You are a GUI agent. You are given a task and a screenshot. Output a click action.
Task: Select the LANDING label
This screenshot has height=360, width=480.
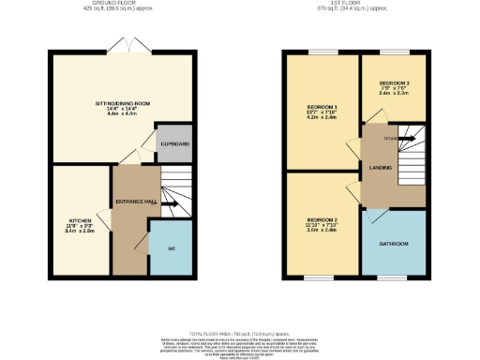click(381, 169)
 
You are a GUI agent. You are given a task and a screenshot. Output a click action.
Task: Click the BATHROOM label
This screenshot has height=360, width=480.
click(394, 244)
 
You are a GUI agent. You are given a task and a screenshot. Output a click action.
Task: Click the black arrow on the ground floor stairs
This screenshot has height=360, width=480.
click(172, 202)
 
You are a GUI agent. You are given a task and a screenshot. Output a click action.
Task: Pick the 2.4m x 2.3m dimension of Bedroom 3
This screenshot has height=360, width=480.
click(394, 94)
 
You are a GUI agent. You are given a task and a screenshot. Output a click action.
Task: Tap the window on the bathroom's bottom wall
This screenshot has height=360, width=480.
click(394, 277)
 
